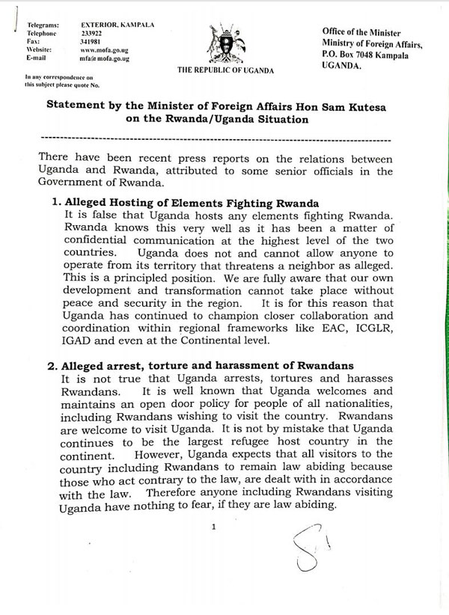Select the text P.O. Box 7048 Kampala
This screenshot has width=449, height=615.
[364, 55]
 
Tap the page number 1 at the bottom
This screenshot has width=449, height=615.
[214, 527]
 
